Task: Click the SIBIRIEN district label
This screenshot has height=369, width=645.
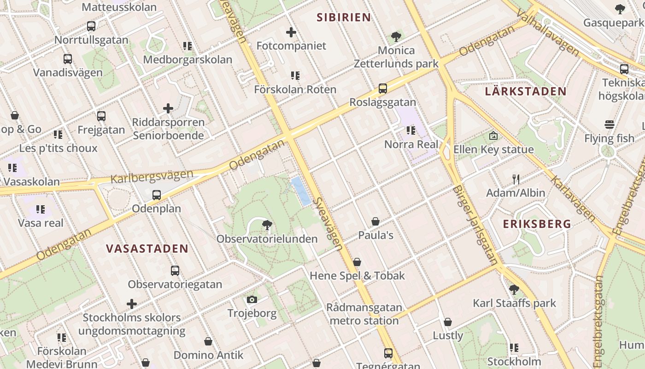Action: coord(344,18)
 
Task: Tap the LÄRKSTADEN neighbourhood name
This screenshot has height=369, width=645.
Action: coord(525,91)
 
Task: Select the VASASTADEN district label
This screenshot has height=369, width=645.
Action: coord(147,249)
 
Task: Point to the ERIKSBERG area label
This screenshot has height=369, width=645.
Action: coord(537,225)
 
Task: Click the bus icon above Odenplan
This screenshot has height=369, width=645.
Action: coord(157,195)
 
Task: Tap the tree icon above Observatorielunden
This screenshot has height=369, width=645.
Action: coord(266,225)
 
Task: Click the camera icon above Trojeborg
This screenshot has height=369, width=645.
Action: coord(252,300)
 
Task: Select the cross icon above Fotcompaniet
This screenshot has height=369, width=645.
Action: coord(291,32)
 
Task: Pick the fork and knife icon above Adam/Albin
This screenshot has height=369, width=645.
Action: coord(516,179)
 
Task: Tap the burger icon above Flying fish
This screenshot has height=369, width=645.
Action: coord(610,125)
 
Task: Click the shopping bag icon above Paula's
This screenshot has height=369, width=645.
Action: coord(375,221)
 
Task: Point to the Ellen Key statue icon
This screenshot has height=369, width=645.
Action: coord(493,136)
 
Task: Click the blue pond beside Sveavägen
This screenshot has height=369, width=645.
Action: coord(301,191)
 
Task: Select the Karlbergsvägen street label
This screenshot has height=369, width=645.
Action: coord(152,177)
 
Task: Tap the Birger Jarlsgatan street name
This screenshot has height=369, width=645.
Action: coord(475,225)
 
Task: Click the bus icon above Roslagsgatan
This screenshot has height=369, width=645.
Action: coord(382,88)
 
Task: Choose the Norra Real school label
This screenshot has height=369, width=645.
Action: coord(411,144)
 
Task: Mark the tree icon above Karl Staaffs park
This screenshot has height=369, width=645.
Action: coord(514,290)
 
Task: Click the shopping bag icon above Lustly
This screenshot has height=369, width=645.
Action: coord(448,322)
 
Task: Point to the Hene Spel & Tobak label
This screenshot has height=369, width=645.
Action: coord(357,276)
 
